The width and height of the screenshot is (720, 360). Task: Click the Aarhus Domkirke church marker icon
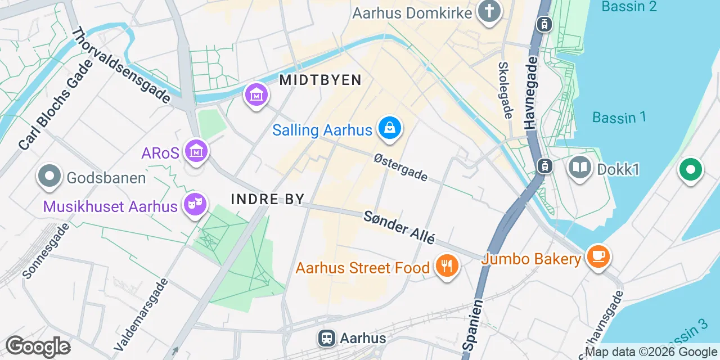(x=489, y=11)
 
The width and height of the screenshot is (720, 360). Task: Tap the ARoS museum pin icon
(x=197, y=151)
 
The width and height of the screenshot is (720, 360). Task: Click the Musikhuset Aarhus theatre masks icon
(x=195, y=204)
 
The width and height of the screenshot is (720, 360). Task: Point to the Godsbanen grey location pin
(x=49, y=176)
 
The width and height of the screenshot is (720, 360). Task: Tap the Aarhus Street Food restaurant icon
(x=447, y=265)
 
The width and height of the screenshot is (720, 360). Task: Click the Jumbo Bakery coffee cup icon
(x=598, y=257)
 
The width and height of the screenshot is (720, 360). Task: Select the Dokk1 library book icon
(x=579, y=168)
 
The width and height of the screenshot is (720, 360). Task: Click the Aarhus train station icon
(x=326, y=338)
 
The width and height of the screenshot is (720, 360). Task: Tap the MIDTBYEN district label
(x=320, y=80)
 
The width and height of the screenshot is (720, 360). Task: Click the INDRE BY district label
(x=268, y=199)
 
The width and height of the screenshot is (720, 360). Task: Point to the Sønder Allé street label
(x=399, y=227)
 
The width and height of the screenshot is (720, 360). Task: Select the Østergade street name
(x=400, y=168)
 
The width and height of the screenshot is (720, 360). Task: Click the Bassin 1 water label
(x=619, y=117)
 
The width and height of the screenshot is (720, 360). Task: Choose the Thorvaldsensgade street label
(x=120, y=65)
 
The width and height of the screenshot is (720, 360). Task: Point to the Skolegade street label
(x=505, y=90)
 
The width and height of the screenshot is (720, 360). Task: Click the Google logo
(x=38, y=346)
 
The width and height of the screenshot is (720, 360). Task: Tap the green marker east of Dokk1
(x=691, y=169)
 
